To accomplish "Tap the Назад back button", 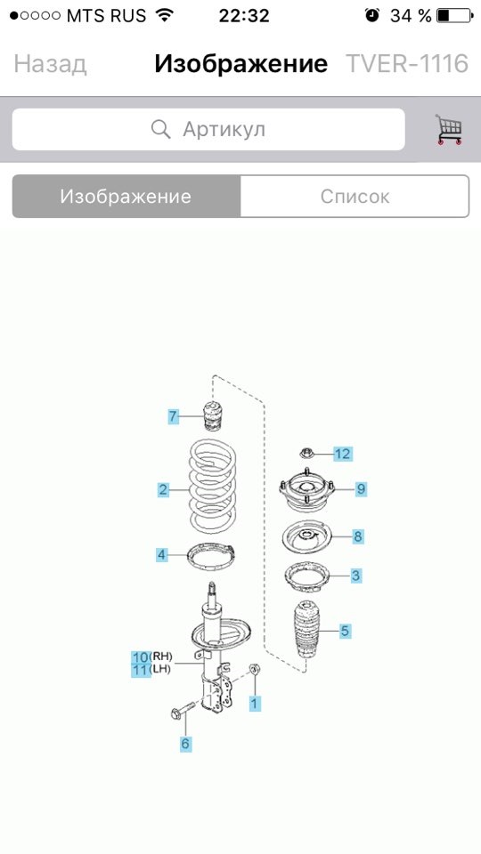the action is (x=50, y=64).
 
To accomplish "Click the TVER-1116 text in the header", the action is (x=407, y=64).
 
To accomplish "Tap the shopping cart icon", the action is (x=449, y=130).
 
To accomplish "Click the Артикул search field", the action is (x=208, y=129).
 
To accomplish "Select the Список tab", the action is (x=355, y=196).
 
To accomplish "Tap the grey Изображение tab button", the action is (x=126, y=196).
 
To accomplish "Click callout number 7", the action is (x=173, y=416).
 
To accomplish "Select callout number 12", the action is (x=342, y=453).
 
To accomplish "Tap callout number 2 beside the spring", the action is (x=163, y=489).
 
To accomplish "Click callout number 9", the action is (x=361, y=488).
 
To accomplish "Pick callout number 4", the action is (x=161, y=555).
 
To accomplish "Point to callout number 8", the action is (x=358, y=536).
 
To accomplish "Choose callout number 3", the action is (x=355, y=576).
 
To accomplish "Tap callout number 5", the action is (x=345, y=632).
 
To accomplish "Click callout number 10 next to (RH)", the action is (x=141, y=657).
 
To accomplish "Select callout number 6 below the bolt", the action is (x=186, y=744).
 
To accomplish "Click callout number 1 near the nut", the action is (x=254, y=703).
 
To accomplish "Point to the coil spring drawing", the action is (x=213, y=489).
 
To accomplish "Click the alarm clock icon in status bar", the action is (x=372, y=15).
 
